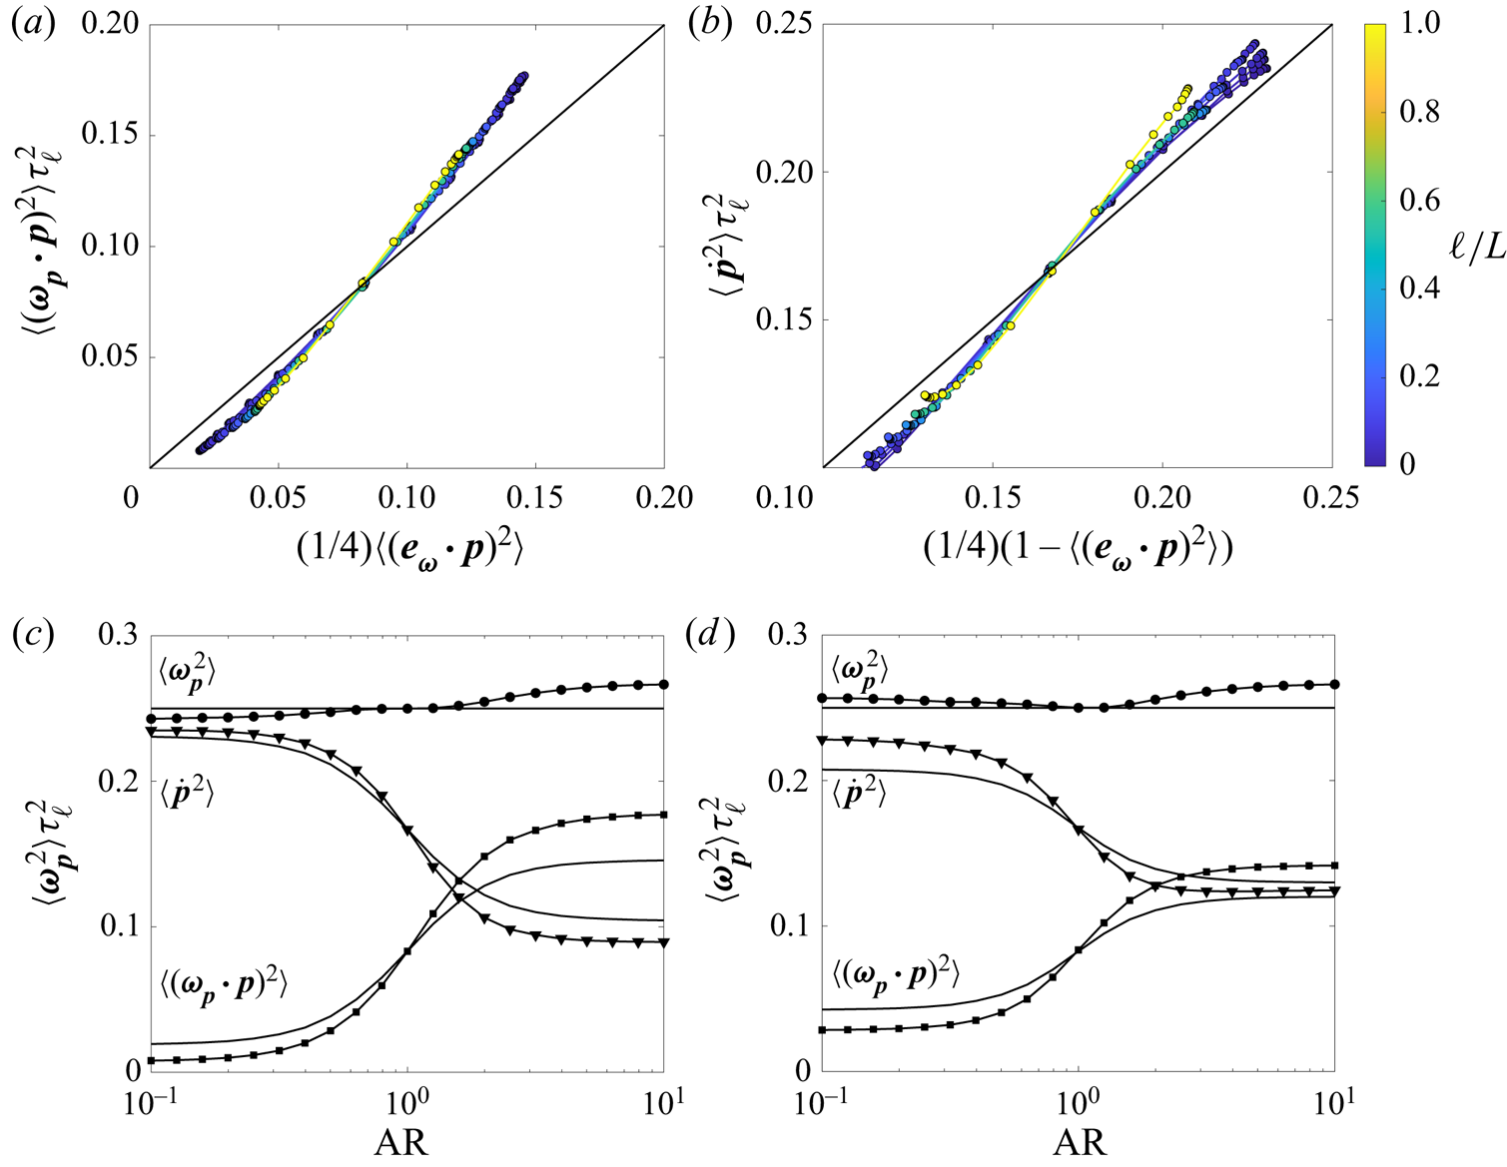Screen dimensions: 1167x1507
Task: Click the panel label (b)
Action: pyautogui.click(x=710, y=24)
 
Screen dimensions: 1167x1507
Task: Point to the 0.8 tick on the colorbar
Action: pyautogui.click(x=1419, y=112)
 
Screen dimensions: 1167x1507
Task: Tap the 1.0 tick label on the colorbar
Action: pyautogui.click(x=1419, y=24)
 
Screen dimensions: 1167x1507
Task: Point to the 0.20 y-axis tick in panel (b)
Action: pyautogui.click(x=783, y=172)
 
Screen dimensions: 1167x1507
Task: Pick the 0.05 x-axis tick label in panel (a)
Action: pyautogui.click(x=278, y=496)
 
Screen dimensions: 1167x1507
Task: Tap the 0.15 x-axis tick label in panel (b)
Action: pyautogui.click(x=993, y=496)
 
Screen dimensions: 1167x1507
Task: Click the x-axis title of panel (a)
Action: pyautogui.click(x=409, y=548)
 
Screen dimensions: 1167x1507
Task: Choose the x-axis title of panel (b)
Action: pyautogui.click(x=1078, y=548)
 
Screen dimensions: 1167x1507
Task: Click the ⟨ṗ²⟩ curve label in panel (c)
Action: pyautogui.click(x=187, y=794)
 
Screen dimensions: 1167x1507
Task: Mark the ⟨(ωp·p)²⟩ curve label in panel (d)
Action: pyautogui.click(x=896, y=975)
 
